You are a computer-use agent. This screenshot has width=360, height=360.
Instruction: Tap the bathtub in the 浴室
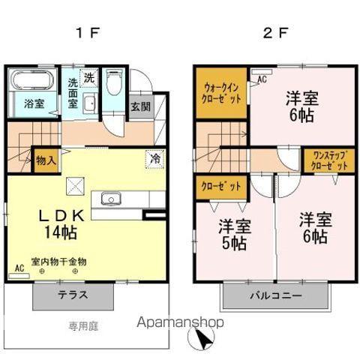(x=32, y=82)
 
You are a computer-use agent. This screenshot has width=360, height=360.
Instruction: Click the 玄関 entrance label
(x=140, y=106)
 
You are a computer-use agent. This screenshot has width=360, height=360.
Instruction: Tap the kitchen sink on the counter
(x=111, y=199)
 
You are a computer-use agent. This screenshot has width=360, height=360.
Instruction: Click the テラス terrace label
(x=73, y=295)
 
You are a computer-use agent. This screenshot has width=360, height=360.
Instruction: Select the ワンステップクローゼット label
(x=328, y=160)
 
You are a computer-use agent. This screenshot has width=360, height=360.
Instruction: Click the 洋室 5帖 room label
(x=234, y=234)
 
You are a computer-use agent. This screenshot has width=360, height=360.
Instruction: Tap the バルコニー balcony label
(x=276, y=295)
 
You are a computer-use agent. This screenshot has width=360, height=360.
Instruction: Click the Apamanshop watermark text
(x=178, y=322)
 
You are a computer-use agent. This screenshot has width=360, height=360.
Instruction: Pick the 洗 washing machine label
(x=89, y=76)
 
